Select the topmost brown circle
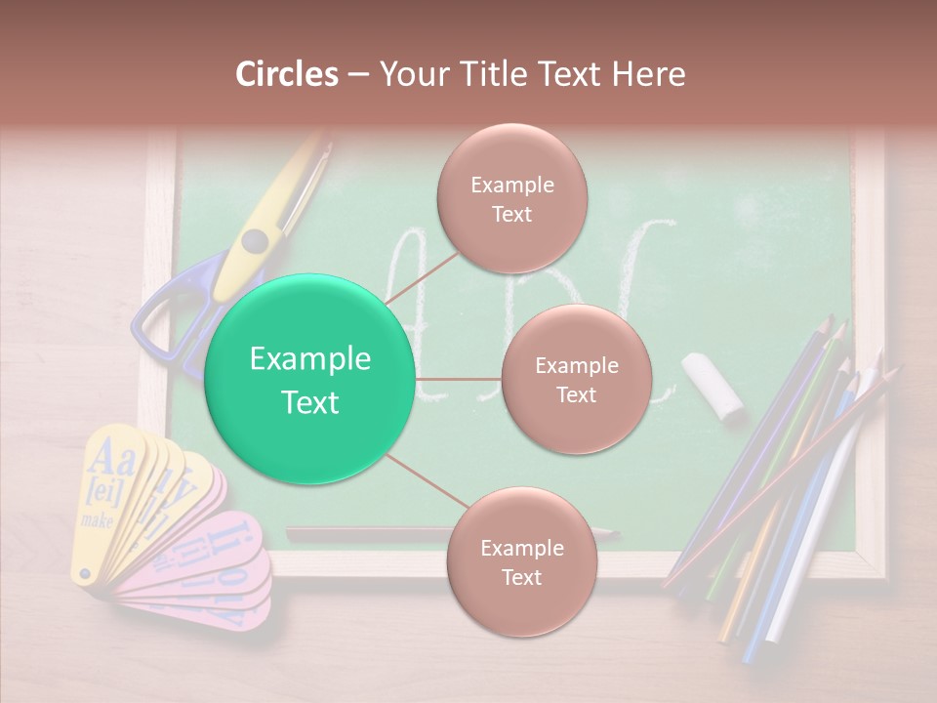click(511, 199)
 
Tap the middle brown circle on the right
click(576, 379)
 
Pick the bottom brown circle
click(521, 561)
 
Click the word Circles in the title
click(287, 74)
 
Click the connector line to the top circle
click(420, 276)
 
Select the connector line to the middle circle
click(459, 379)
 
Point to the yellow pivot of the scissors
click(255, 240)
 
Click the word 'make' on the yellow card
click(98, 520)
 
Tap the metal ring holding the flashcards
click(84, 574)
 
